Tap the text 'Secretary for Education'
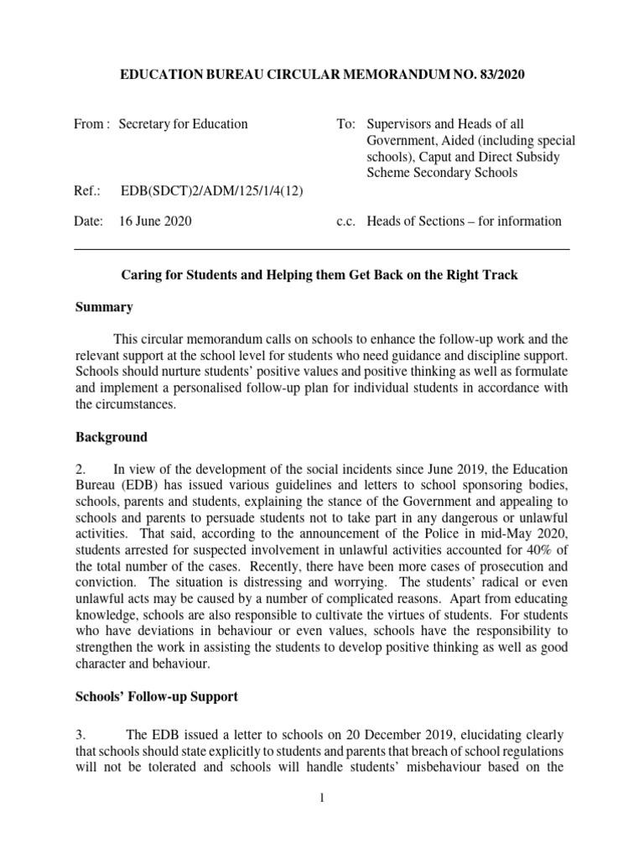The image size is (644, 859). coord(184,124)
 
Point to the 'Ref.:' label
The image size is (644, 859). coord(87,190)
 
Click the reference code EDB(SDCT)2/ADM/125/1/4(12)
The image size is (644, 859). coord(212,190)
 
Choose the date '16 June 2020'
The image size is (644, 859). coord(156,221)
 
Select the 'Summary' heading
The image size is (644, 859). coord(104,307)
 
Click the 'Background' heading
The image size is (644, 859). coord(111,437)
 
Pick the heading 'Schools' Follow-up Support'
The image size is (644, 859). coord(156,697)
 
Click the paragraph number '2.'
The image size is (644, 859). coord(81,468)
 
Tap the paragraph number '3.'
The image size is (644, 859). coord(81,734)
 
